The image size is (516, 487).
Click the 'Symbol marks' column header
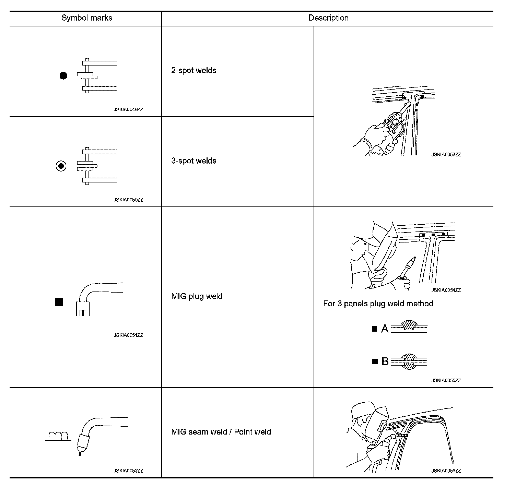pos(87,18)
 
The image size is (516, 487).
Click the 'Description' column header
pos(328,18)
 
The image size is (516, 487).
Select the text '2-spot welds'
pos(194,71)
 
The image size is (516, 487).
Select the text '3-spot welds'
pos(194,161)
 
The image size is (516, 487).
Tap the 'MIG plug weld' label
pos(197,296)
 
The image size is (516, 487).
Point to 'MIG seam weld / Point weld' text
pos(221,432)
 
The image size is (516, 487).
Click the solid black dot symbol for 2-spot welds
pos(63,76)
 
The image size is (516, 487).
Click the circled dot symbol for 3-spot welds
pos(61,166)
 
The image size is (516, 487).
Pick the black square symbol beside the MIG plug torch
pos(59,302)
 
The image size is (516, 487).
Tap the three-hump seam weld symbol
pos(58,436)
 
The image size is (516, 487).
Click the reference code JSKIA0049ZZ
pos(128,110)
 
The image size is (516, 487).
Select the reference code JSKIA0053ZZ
pos(446,155)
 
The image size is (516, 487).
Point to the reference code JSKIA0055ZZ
pos(446,380)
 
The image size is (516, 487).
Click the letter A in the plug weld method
pos(385,329)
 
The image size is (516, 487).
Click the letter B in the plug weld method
pos(385,361)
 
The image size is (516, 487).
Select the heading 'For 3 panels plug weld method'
pos(378,304)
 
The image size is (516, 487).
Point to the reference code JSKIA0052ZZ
pos(128,471)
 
